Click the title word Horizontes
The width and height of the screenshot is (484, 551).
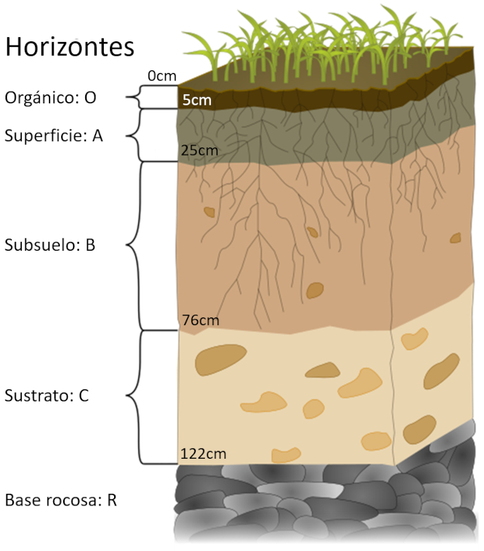tap(70, 47)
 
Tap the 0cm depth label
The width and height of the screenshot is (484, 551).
tap(162, 76)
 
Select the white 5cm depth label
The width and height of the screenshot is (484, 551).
tap(197, 100)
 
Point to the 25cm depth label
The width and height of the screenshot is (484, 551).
tap(199, 150)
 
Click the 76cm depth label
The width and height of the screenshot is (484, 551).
tap(201, 320)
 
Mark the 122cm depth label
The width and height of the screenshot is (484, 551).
tap(203, 454)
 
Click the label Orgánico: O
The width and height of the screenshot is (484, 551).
tap(50, 97)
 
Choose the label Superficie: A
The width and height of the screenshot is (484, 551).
tap(54, 136)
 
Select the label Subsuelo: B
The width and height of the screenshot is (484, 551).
tap(49, 245)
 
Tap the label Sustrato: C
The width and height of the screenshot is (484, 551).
tap(47, 395)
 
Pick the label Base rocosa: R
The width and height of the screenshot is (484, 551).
tap(60, 500)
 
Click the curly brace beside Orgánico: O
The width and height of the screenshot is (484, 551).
tap(152, 97)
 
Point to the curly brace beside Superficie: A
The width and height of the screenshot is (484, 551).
tap(152, 135)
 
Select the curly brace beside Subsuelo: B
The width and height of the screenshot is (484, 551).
tap(152, 246)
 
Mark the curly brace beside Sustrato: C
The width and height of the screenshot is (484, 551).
tap(152, 397)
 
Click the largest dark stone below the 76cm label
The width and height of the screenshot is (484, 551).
tap(220, 360)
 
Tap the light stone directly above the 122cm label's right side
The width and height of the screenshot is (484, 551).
tap(286, 455)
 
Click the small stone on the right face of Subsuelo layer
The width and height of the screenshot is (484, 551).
tap(456, 238)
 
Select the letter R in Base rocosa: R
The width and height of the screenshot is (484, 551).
tap(112, 500)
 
